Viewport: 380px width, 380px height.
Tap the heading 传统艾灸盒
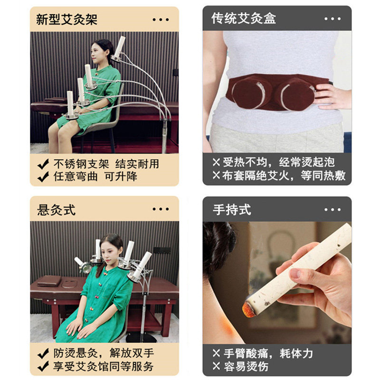click(x=244, y=19)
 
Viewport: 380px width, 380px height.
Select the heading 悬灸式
click(x=56, y=209)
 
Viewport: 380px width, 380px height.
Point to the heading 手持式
click(x=232, y=209)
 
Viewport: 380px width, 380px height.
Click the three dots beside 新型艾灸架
click(x=161, y=19)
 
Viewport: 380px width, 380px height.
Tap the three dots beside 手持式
click(x=332, y=209)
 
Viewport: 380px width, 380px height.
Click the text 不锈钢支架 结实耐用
click(x=106, y=164)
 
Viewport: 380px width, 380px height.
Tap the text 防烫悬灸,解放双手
click(x=103, y=353)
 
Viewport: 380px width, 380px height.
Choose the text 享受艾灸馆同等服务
click(x=103, y=366)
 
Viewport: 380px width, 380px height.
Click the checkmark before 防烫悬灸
click(x=43, y=353)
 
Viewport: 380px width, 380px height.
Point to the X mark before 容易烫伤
click(x=216, y=366)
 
